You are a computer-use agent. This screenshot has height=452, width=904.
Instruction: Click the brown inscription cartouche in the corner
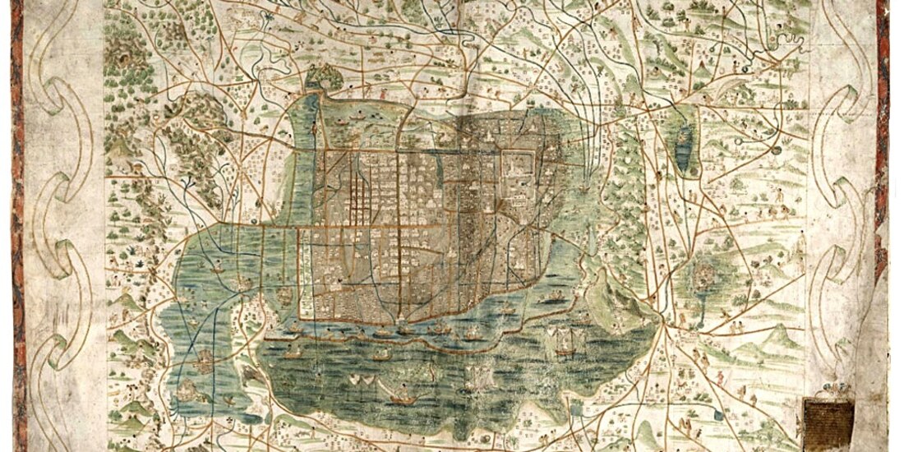coord(828,418)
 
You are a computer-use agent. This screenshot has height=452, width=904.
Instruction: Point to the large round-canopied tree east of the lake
coord(704,276)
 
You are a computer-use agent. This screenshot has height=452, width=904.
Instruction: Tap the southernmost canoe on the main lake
coord(402,399)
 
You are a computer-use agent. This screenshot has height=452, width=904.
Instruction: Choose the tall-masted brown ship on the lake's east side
coord(564,339)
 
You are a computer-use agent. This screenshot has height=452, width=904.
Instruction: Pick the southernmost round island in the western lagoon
coord(203,359)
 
